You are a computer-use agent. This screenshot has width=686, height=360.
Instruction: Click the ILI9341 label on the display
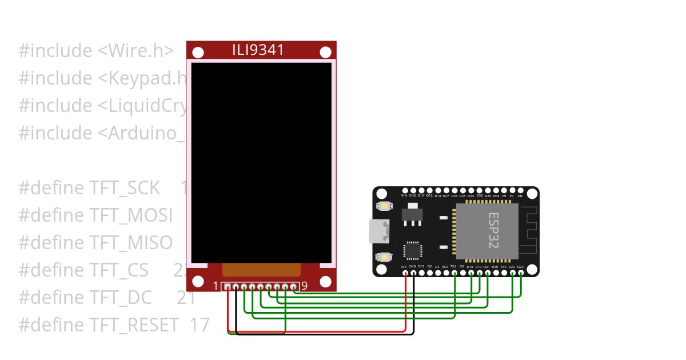point(258,50)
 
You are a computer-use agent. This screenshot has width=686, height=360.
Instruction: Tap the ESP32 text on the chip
point(493,230)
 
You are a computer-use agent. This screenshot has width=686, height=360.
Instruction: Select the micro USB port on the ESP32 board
point(378,231)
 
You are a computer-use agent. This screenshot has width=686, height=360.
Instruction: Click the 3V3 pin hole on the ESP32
point(405,273)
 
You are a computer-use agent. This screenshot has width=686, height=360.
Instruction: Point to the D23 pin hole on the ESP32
point(521,273)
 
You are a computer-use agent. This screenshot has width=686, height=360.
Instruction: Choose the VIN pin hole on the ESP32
point(405,191)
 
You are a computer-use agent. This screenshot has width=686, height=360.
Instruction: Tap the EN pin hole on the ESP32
point(521,191)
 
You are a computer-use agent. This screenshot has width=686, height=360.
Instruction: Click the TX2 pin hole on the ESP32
point(454,273)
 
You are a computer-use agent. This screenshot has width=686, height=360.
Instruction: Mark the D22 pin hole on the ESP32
point(512,273)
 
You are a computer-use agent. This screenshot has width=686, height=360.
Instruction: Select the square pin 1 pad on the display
point(228,287)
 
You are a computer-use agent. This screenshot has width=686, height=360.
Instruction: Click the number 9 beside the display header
point(304,286)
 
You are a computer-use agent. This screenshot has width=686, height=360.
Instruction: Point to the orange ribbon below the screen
point(261,270)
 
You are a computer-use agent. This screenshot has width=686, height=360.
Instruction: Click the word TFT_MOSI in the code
point(131,215)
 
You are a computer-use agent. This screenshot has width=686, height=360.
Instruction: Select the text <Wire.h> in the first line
point(135,51)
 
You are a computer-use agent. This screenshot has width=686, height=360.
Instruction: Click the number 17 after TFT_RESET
point(199,325)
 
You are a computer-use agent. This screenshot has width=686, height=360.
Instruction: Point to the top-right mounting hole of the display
point(326,53)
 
